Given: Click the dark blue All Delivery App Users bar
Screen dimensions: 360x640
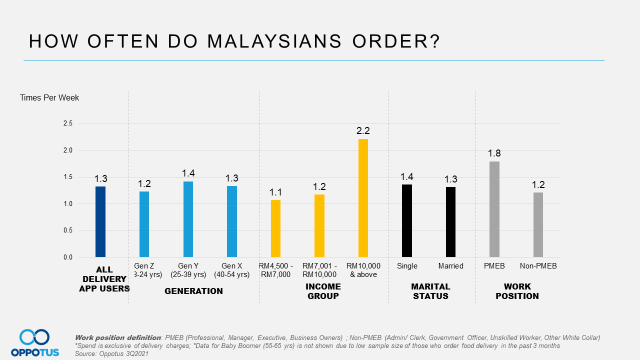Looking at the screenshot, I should click(x=100, y=222).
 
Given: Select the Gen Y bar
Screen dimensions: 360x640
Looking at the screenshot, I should click(x=188, y=219).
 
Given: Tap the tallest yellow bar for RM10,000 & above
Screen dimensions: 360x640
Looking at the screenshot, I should click(x=363, y=198).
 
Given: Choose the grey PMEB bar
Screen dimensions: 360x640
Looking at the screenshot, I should click(x=494, y=209).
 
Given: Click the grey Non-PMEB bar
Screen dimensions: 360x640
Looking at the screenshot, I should click(x=538, y=225).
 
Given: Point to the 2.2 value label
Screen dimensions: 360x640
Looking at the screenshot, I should click(x=363, y=131).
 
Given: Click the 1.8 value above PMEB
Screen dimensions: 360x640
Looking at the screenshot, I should click(x=494, y=153).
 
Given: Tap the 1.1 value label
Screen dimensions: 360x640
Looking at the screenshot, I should click(x=275, y=192).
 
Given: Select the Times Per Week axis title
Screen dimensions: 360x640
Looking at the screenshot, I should click(x=49, y=98).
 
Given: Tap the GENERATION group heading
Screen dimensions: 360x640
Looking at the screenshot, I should click(x=193, y=291).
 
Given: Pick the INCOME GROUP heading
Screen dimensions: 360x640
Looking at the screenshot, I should click(x=323, y=291).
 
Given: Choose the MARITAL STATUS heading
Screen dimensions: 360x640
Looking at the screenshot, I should click(x=430, y=291).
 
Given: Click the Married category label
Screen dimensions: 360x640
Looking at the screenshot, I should click(x=450, y=266).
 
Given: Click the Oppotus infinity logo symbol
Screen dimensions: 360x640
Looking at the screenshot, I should click(x=34, y=337).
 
